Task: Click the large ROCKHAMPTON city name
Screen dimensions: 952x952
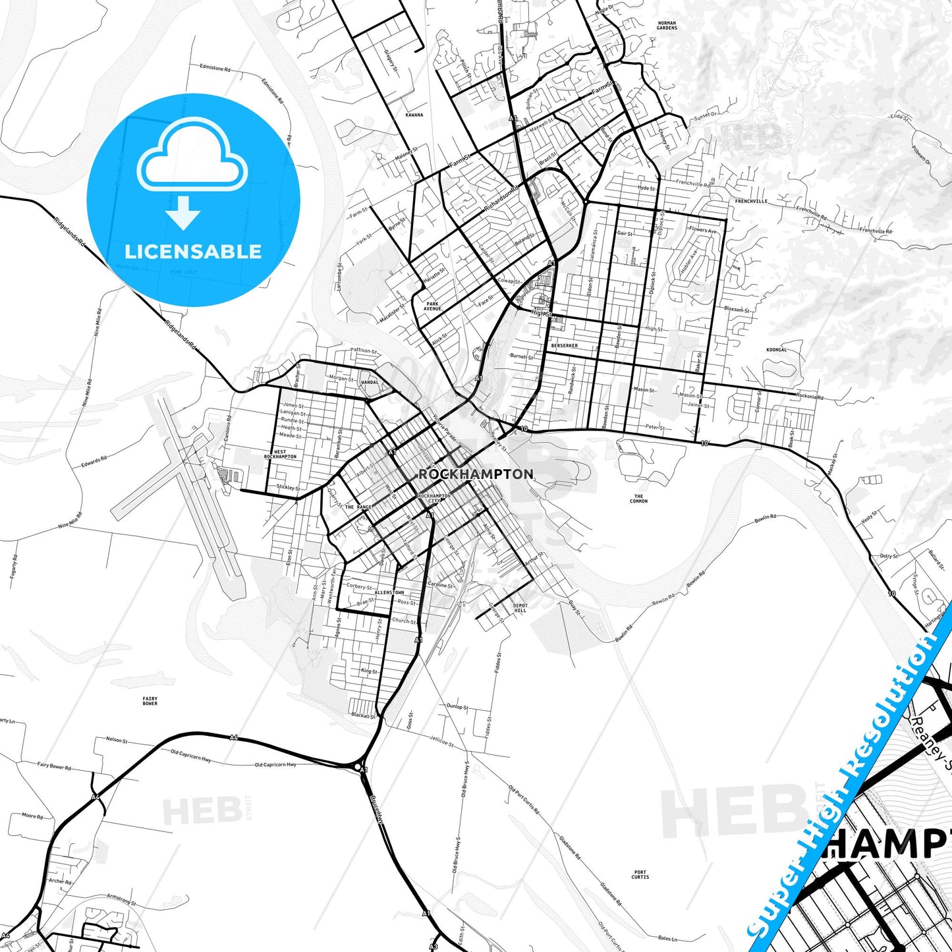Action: [476, 474]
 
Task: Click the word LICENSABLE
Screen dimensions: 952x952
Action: [193, 251]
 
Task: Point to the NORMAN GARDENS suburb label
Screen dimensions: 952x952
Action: [667, 25]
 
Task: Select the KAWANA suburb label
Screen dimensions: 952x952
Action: [414, 115]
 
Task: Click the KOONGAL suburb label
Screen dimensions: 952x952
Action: [777, 350]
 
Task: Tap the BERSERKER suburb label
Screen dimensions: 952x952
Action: [564, 345]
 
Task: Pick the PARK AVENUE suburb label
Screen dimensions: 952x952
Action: [432, 306]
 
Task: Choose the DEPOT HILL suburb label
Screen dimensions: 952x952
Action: [520, 607]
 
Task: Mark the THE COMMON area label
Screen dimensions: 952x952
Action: [638, 498]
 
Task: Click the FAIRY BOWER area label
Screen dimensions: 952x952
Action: [150, 701]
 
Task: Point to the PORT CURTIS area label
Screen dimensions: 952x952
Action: [640, 874]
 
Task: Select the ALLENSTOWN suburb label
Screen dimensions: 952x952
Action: [389, 592]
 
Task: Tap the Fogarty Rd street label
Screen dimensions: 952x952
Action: [14, 567]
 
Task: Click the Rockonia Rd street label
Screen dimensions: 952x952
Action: [810, 397]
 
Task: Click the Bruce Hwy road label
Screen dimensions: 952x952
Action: [376, 808]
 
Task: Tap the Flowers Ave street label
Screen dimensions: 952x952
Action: [702, 230]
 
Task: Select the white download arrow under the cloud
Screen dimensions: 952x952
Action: [183, 212]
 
